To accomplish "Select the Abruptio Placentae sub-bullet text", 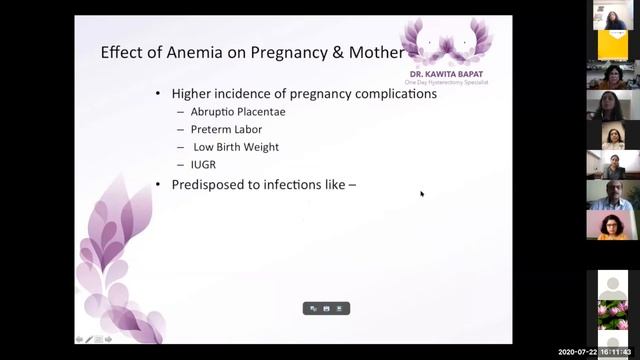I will pos(238,112).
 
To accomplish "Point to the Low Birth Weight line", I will pos(236,147).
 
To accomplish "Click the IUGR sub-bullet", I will pos(203,165).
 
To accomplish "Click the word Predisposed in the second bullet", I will pos(210,184).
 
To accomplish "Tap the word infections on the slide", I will pos(301,184).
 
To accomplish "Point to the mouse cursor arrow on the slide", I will pos(422,193).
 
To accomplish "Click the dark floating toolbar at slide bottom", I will pos(326,309).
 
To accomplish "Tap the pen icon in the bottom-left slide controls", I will pos(89,340).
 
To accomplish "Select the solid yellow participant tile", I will pos(611,45).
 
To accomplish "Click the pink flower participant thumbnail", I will pos(612,314).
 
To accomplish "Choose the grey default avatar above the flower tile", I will pos(612,284).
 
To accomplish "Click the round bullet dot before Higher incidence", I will pos(158,94).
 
